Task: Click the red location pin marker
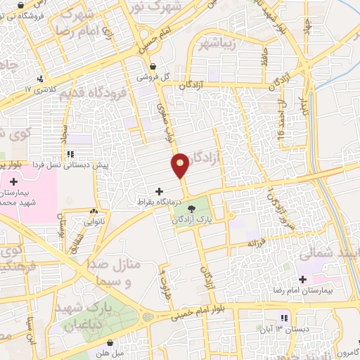(181, 165)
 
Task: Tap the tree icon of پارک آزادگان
(193, 207)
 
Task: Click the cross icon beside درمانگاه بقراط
(159, 191)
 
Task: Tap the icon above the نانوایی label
(94, 210)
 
